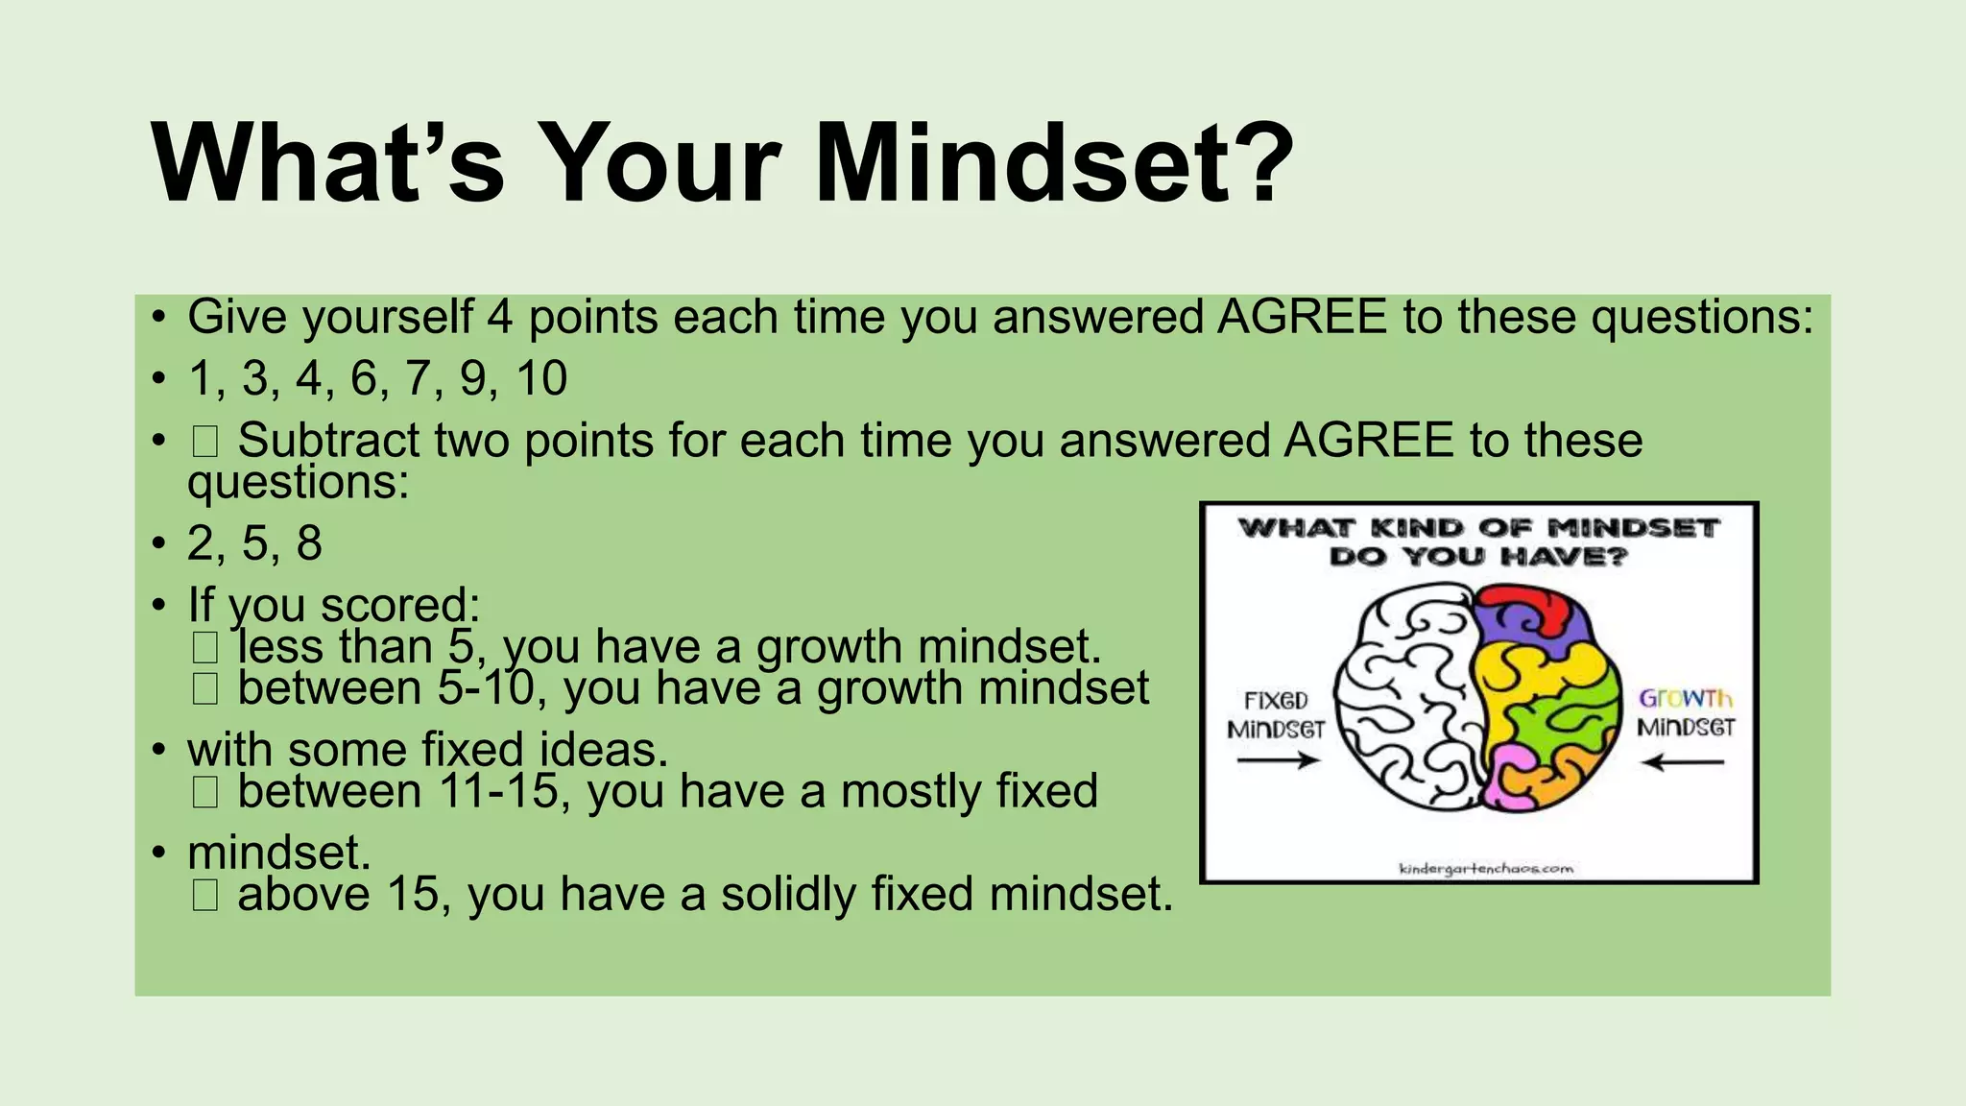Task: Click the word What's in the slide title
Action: [x=327, y=163]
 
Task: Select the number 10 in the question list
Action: [x=541, y=378]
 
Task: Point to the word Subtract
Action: [x=328, y=441]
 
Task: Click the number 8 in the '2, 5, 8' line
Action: [x=309, y=543]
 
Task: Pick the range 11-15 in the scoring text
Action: [x=498, y=791]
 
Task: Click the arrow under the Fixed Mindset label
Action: [x=1278, y=761]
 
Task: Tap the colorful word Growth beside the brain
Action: [x=1686, y=698]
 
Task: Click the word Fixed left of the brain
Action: [x=1276, y=700]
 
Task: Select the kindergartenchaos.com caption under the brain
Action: [x=1486, y=869]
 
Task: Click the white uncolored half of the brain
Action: [x=1402, y=701]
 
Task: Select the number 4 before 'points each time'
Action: [x=499, y=318]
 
